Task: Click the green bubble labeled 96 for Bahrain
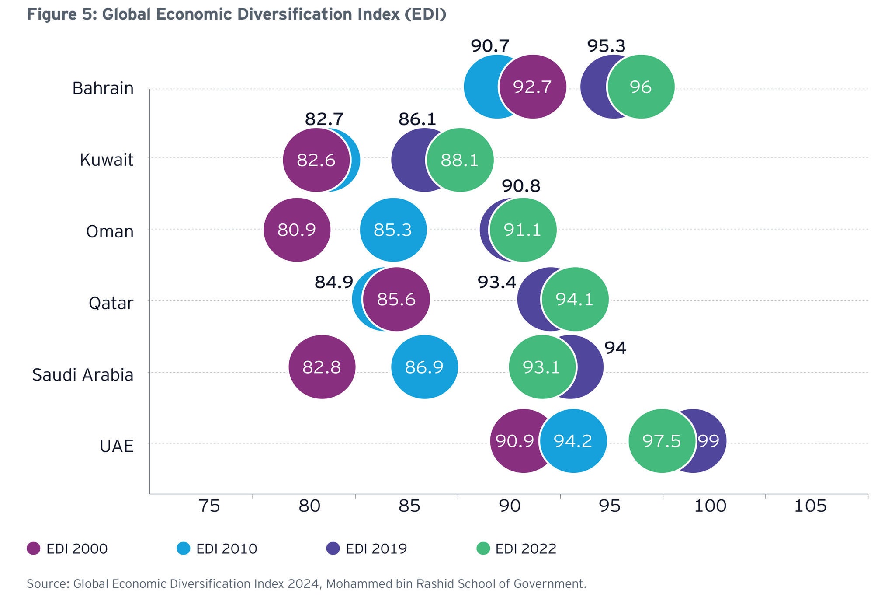pos(641,87)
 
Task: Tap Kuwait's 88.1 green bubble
pos(460,160)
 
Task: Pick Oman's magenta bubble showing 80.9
pos(297,230)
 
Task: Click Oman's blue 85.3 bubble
pos(393,230)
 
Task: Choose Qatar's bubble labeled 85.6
pos(396,299)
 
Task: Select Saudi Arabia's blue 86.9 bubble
pos(424,367)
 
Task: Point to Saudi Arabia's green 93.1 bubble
pos(541,367)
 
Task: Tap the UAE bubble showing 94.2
pos(573,441)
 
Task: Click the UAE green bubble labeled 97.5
pos(662,441)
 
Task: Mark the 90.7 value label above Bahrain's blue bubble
pos(490,46)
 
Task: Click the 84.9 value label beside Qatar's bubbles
pos(334,282)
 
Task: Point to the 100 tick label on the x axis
pos(710,506)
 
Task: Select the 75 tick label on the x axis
pos(209,506)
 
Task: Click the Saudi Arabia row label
pos(83,375)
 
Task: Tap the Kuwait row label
pos(106,160)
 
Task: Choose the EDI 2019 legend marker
pos(333,548)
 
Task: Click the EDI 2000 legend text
pos(77,548)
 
